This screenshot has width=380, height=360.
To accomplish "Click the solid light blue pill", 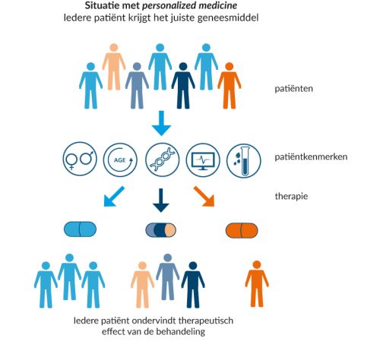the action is coord(80,229).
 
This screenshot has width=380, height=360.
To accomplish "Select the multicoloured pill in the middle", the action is coord(160,230).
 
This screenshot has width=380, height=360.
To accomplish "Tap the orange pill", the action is coord(242,231).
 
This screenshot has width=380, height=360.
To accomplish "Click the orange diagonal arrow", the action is coord(204,197).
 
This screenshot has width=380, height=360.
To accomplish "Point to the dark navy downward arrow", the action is coord(160,201).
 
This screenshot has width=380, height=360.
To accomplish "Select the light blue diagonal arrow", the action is coord(114,197).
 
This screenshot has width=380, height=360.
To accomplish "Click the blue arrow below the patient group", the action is coord(161,123).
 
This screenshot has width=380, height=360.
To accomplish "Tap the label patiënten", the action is coord(294,89).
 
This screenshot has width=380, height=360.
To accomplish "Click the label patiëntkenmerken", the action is coord(311,157).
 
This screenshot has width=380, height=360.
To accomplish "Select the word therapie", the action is coord(292,196).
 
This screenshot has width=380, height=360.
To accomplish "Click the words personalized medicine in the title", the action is coord(190,5).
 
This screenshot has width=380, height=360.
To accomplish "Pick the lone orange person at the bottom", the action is coord(257,284).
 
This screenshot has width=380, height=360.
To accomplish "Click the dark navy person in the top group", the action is coord(183,86).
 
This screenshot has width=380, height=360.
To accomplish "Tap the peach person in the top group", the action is coord(114,67).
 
